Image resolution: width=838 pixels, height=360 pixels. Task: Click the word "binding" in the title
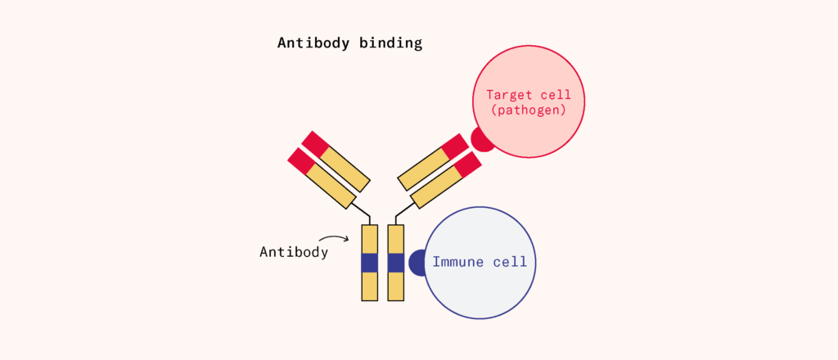coord(390,43)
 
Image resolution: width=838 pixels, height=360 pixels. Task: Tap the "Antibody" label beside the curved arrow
coord(294,252)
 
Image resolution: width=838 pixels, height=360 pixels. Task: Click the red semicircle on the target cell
coord(481,142)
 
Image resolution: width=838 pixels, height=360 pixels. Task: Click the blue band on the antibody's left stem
coord(369,263)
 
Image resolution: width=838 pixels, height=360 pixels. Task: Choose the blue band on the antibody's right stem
coord(396,263)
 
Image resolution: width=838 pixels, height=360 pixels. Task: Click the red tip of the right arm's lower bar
coord(467,165)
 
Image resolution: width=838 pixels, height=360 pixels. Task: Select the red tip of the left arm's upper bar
coord(315,143)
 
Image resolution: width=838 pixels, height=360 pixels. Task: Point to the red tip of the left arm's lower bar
coord(301,160)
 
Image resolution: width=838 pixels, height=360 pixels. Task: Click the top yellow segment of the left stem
coord(369,238)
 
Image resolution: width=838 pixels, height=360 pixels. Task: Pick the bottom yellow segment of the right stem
coord(396,286)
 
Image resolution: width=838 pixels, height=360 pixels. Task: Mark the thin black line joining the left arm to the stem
coord(365,211)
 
